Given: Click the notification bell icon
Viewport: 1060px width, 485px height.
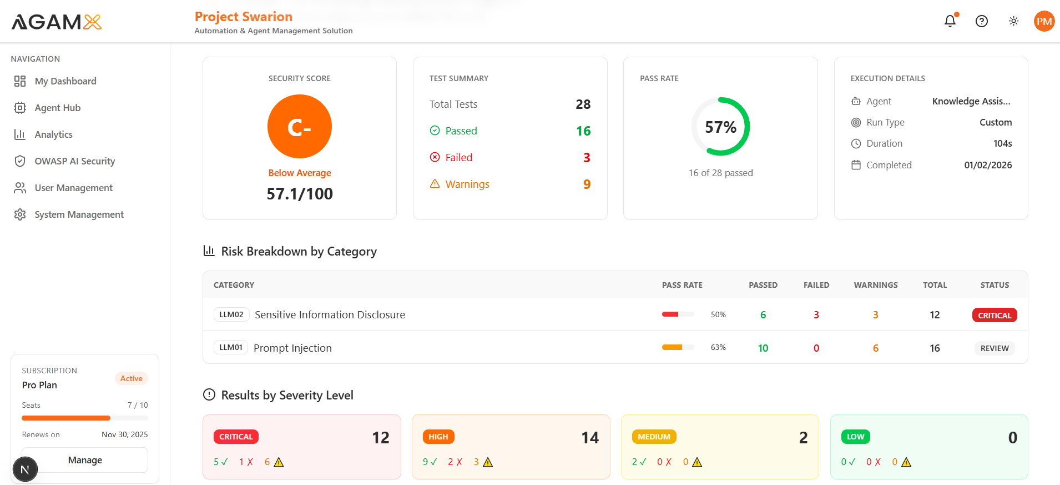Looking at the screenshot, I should [x=950, y=21].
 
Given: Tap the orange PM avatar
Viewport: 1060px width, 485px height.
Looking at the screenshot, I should [x=1044, y=21].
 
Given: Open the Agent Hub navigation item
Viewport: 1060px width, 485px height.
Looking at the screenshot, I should [x=57, y=108].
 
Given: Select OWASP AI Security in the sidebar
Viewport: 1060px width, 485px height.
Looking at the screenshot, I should [x=74, y=161].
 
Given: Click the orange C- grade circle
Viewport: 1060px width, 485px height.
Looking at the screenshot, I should [x=300, y=127].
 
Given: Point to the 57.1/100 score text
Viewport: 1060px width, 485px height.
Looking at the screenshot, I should [x=300, y=194].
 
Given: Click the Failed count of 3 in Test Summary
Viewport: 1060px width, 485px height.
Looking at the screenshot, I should [x=587, y=158].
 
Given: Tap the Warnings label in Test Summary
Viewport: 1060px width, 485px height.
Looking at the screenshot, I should [x=467, y=184].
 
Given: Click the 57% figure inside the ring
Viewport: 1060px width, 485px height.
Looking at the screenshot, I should [x=720, y=127].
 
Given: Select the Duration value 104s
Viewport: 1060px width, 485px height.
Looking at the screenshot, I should [x=1002, y=143].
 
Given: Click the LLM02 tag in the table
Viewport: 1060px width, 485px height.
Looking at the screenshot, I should [x=231, y=314].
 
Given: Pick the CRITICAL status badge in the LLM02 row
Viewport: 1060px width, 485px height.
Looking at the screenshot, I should [x=994, y=315].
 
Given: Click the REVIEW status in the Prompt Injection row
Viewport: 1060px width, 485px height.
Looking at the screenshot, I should [x=994, y=348].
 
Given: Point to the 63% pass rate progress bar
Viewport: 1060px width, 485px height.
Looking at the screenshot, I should [x=678, y=347].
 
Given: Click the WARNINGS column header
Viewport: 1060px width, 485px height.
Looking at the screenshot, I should [x=875, y=285].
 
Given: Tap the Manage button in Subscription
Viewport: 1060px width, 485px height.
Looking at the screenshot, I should [x=85, y=460].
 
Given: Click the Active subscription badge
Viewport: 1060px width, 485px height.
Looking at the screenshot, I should [x=132, y=378].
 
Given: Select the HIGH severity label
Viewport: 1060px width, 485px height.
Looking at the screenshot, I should [x=438, y=437].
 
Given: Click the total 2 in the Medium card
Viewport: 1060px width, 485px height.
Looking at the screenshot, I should [x=803, y=438].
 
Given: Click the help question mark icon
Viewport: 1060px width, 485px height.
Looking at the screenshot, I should [x=981, y=21].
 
